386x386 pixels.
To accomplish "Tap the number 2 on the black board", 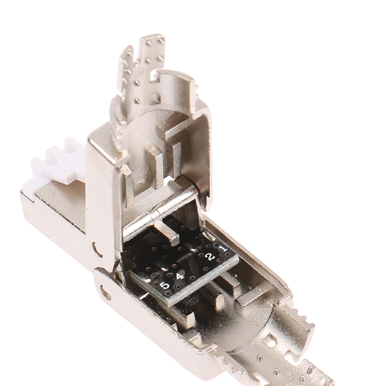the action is click(210, 257).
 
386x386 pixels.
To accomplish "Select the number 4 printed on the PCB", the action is click(180, 276).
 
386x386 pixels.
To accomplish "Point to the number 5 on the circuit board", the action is click(165, 286).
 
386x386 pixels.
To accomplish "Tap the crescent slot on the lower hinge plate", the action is click(105, 290).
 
